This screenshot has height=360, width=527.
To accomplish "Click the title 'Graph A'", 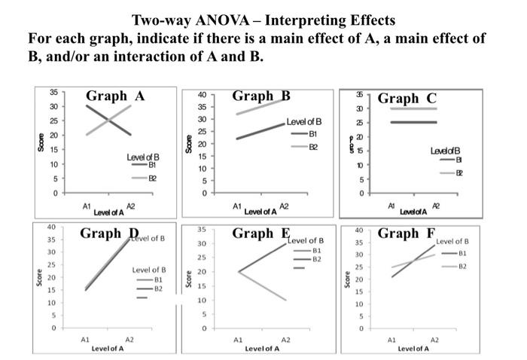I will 115,96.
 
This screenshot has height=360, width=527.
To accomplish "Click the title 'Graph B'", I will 261,96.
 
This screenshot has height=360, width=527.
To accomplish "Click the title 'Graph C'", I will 407,99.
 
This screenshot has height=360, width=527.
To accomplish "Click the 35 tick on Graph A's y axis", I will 53,92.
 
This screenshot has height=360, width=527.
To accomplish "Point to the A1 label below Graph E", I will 237,340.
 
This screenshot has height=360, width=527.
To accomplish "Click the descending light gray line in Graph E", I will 263,286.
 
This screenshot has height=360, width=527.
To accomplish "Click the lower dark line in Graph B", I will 260,130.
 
